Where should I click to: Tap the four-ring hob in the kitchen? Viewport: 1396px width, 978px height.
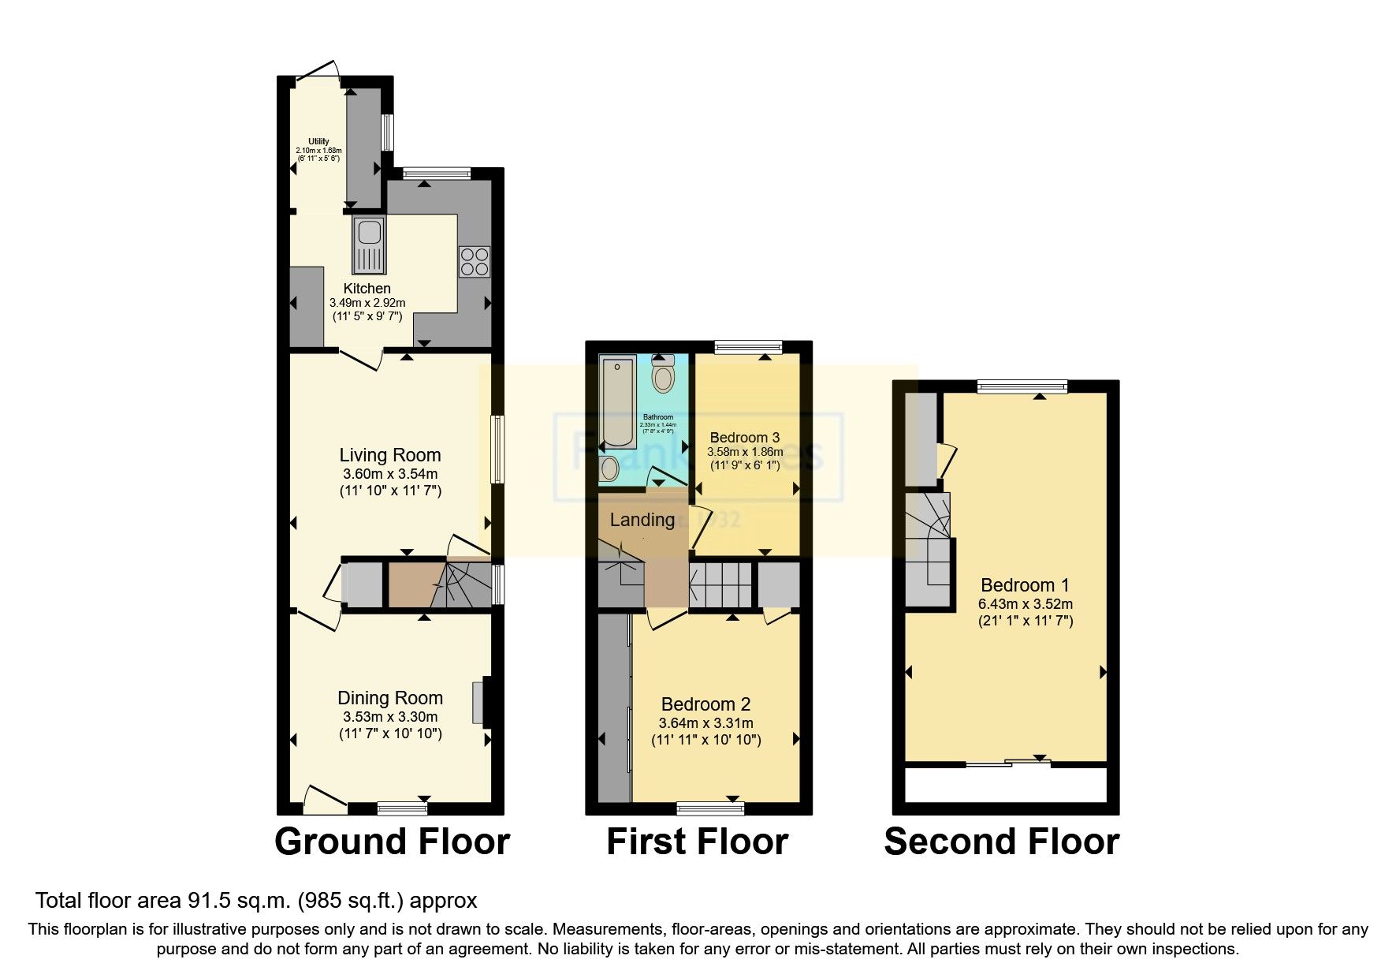(x=475, y=262)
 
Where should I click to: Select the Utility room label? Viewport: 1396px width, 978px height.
(x=318, y=142)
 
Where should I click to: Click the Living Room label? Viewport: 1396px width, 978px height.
(x=389, y=455)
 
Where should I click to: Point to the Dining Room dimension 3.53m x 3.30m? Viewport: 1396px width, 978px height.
(x=389, y=717)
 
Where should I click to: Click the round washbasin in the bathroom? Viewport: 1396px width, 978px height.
(x=609, y=470)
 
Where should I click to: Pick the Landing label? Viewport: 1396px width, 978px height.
(x=642, y=520)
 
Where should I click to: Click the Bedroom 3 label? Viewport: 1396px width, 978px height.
(x=744, y=438)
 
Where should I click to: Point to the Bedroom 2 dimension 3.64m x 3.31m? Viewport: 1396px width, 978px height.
(x=705, y=723)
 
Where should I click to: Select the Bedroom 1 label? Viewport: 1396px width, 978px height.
(x=1025, y=585)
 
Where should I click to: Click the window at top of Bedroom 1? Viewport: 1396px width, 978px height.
(x=1022, y=386)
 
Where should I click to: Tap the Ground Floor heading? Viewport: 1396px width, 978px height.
(x=392, y=842)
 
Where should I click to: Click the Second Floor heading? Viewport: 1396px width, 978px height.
(x=1001, y=842)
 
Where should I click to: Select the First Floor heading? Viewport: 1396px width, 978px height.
(x=697, y=842)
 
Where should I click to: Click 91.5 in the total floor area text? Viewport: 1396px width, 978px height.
(x=208, y=900)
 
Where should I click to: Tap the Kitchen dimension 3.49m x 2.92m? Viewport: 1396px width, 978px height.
(x=367, y=303)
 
